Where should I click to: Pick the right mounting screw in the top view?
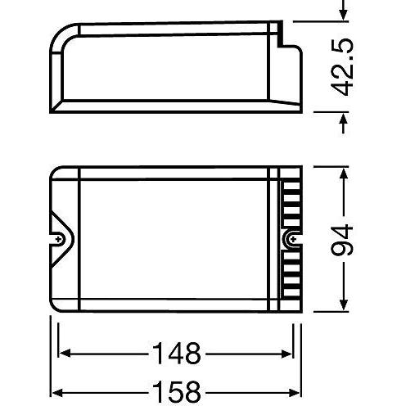click(291, 239)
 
